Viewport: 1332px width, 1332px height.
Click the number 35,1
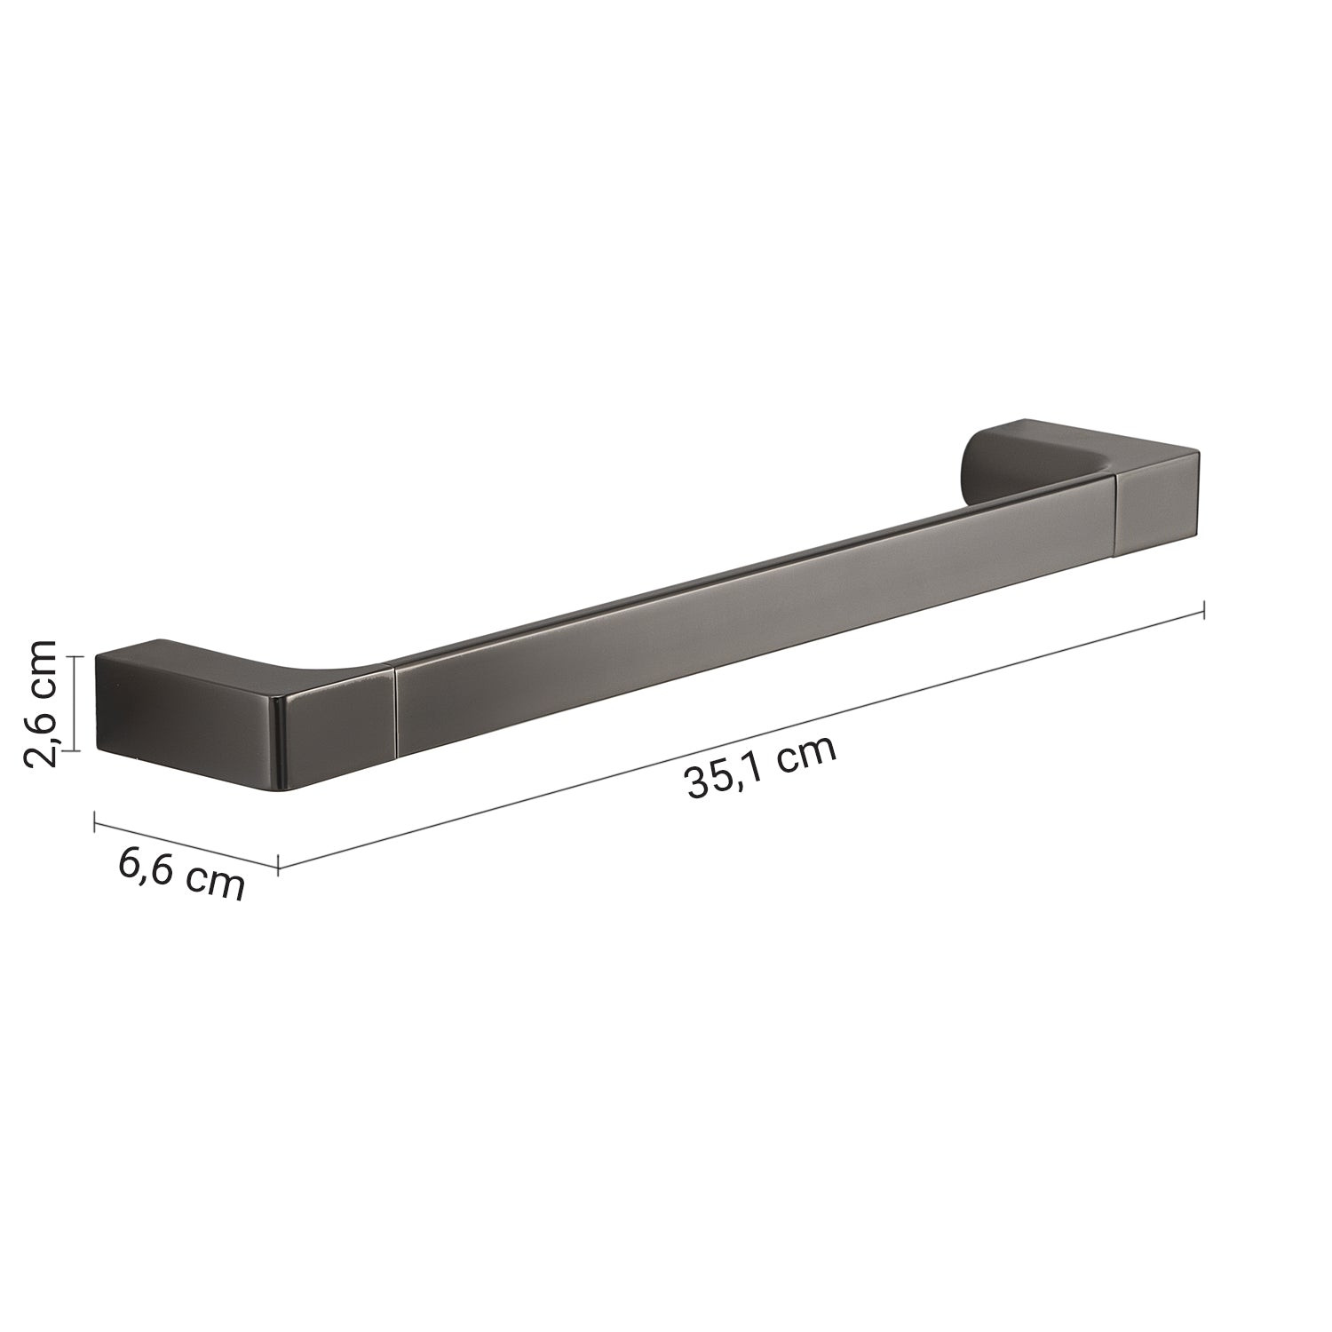721,780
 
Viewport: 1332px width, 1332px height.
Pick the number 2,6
42,733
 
